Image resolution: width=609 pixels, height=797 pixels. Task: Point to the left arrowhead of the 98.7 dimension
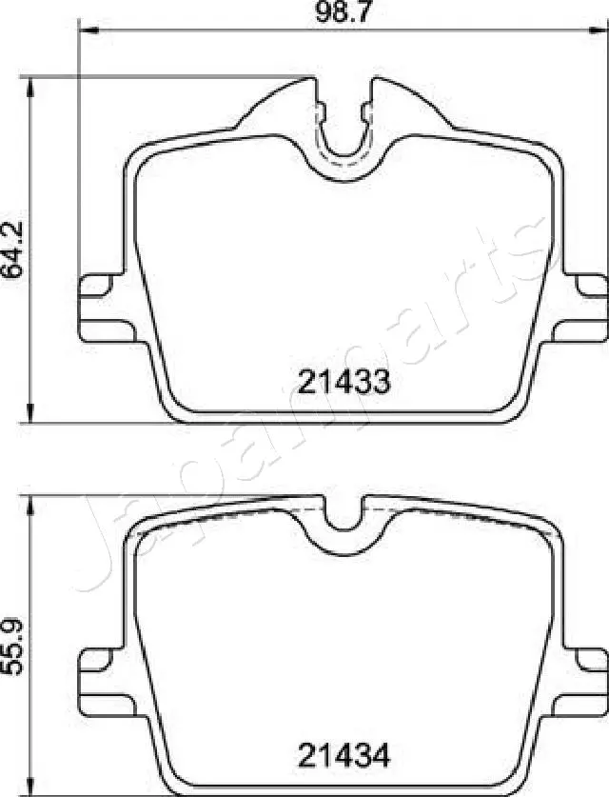(84, 30)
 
